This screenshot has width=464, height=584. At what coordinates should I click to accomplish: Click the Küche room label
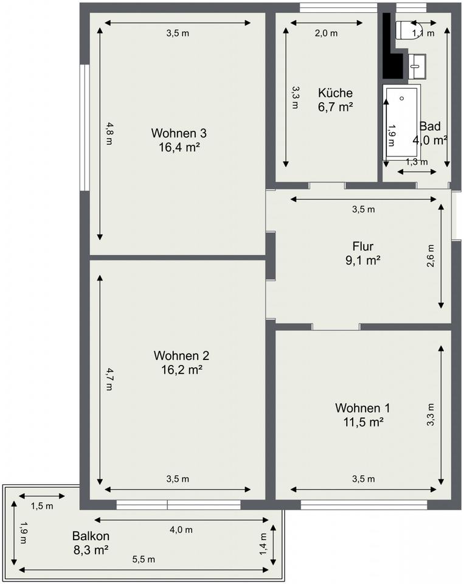point(335,92)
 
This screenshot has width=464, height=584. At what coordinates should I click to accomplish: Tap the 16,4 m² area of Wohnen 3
point(179,147)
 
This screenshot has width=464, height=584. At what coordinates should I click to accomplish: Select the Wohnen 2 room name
point(181,356)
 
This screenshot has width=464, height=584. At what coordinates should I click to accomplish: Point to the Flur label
point(362,246)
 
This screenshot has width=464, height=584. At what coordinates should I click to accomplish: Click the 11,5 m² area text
point(363,422)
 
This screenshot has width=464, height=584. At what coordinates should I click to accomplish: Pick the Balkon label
point(91,536)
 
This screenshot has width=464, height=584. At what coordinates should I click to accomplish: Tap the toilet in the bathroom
point(409,30)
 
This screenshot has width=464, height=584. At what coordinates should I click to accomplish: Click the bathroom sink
point(417,66)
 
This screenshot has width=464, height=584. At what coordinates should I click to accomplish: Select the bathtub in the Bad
point(402,122)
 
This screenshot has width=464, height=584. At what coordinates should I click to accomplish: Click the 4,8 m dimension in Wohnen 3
point(108,134)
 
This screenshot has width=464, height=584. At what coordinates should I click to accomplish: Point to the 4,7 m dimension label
point(108,379)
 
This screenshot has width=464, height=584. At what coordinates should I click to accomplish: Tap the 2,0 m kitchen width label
point(326,33)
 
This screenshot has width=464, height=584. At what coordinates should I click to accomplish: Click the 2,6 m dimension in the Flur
point(431,255)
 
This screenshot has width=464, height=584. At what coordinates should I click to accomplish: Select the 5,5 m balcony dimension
point(144,559)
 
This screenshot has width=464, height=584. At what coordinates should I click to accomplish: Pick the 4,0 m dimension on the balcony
point(181,529)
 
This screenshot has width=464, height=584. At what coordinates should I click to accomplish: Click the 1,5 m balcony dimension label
point(42,506)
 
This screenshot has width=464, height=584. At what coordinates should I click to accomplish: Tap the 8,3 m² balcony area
point(91,550)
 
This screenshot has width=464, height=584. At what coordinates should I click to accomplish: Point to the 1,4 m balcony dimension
point(263,544)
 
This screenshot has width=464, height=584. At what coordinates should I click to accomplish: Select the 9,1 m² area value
point(362,260)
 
